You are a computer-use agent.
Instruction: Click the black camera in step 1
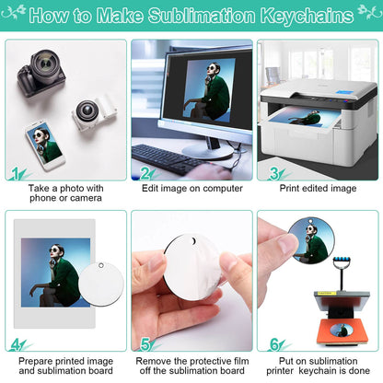pyautogui.click(x=41, y=73)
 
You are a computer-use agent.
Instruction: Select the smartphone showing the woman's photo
pyautogui.click(x=45, y=145)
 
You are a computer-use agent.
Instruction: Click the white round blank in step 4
pyautogui.click(x=101, y=284)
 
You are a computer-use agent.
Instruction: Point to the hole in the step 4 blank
pyautogui.click(x=101, y=265)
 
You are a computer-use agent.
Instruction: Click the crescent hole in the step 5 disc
pyautogui.click(x=194, y=242)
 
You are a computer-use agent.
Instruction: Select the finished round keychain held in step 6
pyautogui.click(x=311, y=240)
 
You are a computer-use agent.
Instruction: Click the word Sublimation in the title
pyautogui.click(x=202, y=16)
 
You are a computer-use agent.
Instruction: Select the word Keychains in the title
pyautogui.click(x=308, y=16)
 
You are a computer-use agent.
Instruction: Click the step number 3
pyautogui.click(x=274, y=173)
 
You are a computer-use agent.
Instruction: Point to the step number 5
pyautogui.click(x=145, y=344)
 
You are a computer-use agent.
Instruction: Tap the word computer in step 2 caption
pyautogui.click(x=223, y=189)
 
